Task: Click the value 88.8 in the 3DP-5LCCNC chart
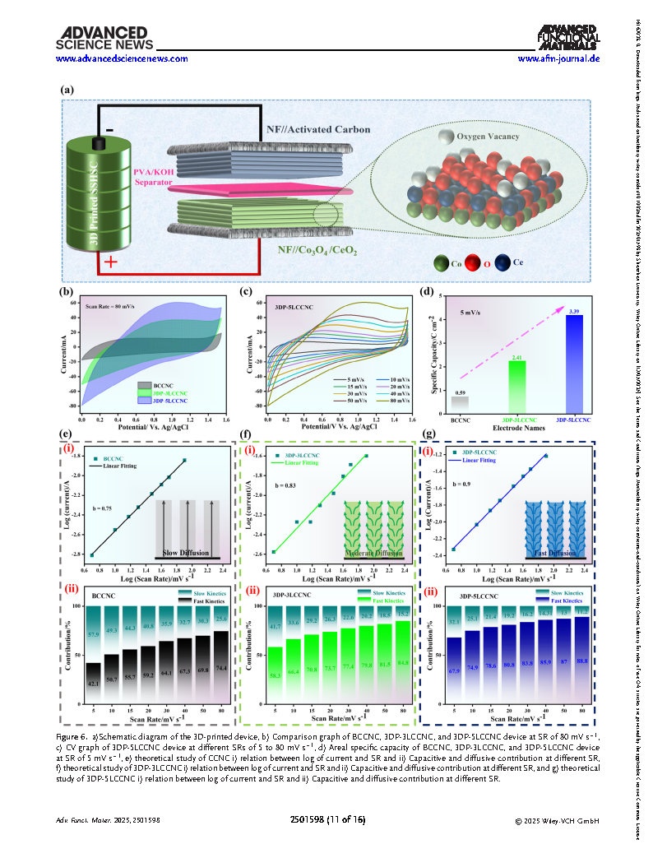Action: tap(582, 684)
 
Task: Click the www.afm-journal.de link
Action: tap(558, 59)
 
